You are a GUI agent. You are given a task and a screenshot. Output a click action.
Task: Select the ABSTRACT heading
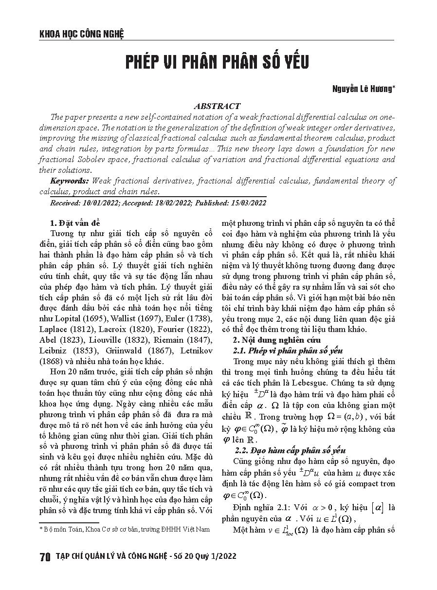click(217, 106)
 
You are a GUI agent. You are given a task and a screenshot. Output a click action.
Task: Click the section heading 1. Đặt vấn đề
click(75, 223)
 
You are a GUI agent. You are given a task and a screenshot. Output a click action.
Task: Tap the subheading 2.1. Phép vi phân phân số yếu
click(288, 350)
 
